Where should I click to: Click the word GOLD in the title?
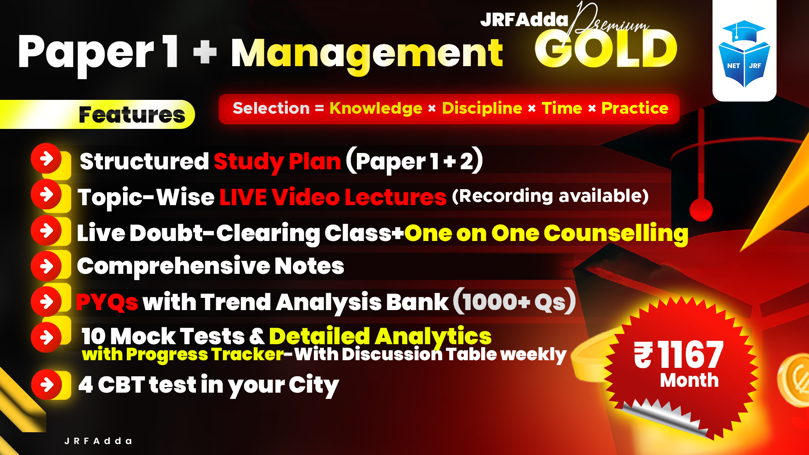[x=606, y=50]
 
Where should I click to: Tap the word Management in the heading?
[x=367, y=54]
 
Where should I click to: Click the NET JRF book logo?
[x=744, y=54]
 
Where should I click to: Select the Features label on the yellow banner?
[x=132, y=115]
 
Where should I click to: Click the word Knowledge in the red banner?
[x=375, y=108]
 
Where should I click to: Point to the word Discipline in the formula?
[x=482, y=108]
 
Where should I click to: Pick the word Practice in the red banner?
[x=635, y=108]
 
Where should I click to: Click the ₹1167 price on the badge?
[x=679, y=355]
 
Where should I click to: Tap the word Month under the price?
[x=689, y=380]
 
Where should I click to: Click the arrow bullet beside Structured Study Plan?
[x=46, y=158]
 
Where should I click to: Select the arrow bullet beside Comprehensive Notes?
[x=46, y=266]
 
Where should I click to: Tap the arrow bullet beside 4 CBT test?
[x=47, y=384]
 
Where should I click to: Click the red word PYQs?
[x=107, y=302]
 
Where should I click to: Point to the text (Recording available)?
[x=550, y=196]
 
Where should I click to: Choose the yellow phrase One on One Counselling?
[x=546, y=233]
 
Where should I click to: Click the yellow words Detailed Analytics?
[x=380, y=336]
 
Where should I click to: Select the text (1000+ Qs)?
[x=514, y=301]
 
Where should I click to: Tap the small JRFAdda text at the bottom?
[x=98, y=441]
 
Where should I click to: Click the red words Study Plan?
[x=277, y=161]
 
